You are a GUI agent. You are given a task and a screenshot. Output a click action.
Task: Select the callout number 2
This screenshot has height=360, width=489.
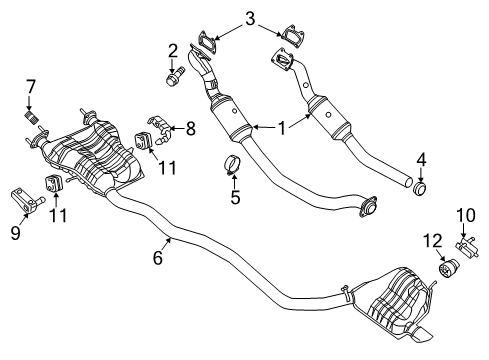coord(172,50)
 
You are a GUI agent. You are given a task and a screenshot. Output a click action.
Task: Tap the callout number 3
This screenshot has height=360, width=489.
coord(250,17)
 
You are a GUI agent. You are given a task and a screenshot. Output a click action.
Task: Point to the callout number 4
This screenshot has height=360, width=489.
coord(423,158)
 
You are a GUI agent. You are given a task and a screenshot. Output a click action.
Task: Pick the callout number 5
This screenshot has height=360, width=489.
coord(236,198)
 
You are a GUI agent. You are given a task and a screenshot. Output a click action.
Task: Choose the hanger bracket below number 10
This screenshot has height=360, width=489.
coord(465,271)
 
